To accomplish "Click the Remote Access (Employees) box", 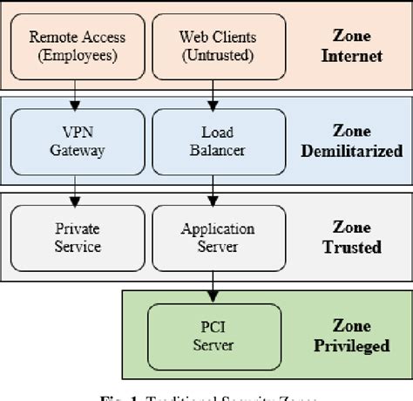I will click(x=77, y=45).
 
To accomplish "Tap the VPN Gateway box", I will click(x=77, y=141).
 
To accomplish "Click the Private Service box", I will click(x=77, y=237).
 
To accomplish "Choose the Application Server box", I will click(x=217, y=237).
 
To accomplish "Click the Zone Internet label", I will click(x=351, y=46).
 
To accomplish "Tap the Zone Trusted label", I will click(x=351, y=238).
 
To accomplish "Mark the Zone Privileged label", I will click(x=351, y=336).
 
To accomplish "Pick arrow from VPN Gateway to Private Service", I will click(x=77, y=191).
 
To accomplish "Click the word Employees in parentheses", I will click(x=77, y=54).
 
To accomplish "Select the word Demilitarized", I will click(x=351, y=152).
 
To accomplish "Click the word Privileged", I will click(x=351, y=345).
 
